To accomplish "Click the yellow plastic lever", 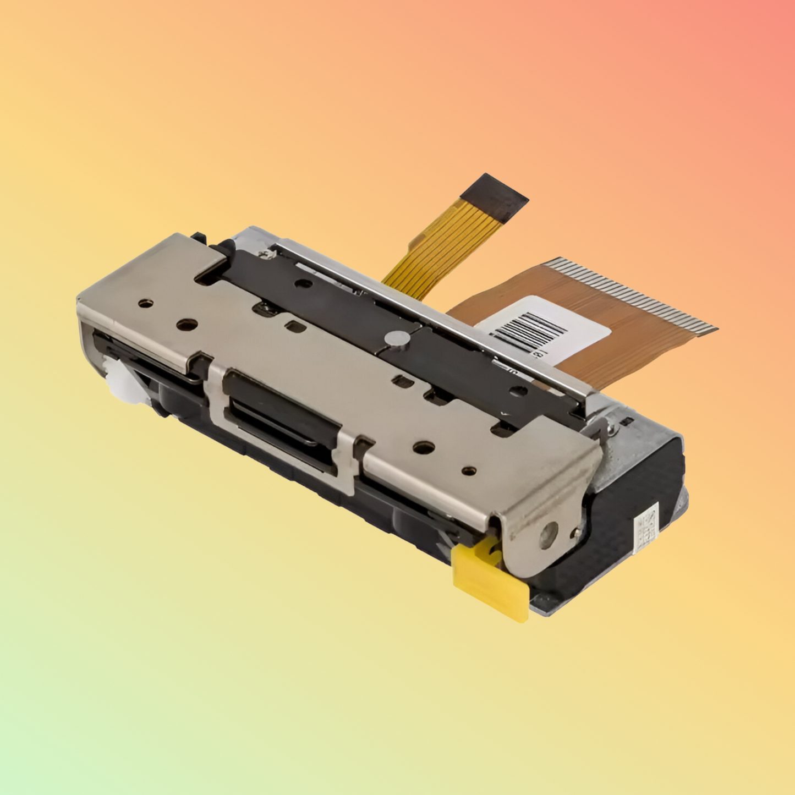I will coord(490,580).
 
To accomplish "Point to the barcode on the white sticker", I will coord(528,330).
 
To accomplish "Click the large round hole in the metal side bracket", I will coord(548,534).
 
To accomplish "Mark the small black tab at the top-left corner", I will coord(199,238).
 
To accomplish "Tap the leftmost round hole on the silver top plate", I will coord(145,303).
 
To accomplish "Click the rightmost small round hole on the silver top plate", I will coord(469,471).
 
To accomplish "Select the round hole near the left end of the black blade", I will coord(303,284).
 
